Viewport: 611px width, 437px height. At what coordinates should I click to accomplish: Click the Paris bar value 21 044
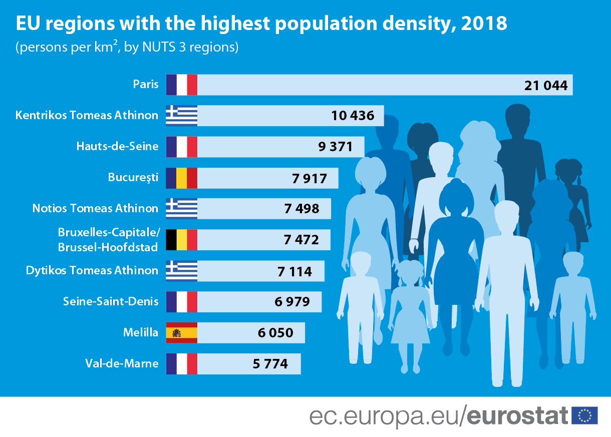click(x=546, y=85)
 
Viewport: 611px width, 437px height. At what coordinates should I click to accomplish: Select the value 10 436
click(x=353, y=116)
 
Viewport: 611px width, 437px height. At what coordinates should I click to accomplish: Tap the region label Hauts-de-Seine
click(x=117, y=146)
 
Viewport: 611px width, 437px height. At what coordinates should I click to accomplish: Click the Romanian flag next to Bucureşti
click(x=181, y=178)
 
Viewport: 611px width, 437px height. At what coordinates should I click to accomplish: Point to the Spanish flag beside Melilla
click(x=181, y=332)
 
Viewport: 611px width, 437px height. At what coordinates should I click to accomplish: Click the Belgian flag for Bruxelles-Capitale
click(x=181, y=240)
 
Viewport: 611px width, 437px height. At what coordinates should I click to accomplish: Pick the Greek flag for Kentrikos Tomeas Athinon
click(x=181, y=116)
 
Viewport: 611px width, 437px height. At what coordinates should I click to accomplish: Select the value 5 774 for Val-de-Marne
click(x=270, y=364)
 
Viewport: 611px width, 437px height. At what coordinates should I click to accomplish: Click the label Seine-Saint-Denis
click(x=111, y=301)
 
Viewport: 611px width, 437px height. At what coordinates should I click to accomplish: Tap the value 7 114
click(x=294, y=271)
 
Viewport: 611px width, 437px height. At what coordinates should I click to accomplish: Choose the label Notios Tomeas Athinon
click(x=95, y=208)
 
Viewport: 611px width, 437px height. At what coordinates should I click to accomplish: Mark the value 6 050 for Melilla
click(x=275, y=332)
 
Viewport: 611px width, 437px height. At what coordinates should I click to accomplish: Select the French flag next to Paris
click(x=181, y=85)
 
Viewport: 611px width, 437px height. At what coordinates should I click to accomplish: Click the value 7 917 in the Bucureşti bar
click(x=309, y=178)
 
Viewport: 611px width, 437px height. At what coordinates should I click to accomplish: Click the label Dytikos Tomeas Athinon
click(x=92, y=271)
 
